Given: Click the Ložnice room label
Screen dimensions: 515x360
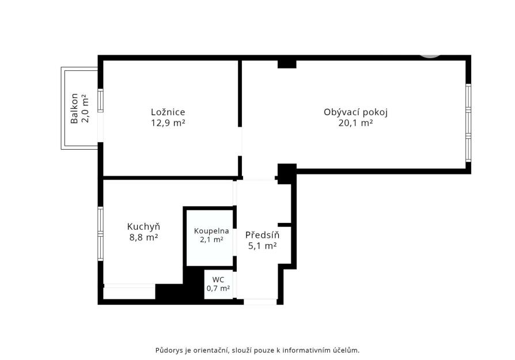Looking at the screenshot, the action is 168,112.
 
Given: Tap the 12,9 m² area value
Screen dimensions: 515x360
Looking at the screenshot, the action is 168,123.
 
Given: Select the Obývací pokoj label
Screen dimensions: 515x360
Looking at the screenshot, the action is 355,112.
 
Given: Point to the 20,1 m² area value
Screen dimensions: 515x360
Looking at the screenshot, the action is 355,123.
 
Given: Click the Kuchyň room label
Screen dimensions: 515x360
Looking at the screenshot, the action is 143,226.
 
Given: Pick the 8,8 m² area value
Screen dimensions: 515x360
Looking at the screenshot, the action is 143,237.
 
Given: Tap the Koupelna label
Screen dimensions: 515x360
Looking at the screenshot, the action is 211,231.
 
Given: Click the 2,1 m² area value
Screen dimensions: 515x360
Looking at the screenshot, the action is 211,240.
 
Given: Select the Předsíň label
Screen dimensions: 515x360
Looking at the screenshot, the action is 262,235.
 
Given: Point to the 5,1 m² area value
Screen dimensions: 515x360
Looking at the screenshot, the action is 262,246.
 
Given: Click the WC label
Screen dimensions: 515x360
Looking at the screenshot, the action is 218,279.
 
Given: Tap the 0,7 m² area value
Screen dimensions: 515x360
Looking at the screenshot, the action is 218,289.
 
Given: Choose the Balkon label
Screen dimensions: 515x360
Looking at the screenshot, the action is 74,108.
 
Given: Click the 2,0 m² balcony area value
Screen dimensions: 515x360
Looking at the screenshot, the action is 85,108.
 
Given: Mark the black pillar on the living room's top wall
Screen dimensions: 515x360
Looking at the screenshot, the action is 287,64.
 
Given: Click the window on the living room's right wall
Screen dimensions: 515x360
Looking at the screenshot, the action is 468,123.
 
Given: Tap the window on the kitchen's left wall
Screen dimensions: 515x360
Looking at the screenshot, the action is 100,233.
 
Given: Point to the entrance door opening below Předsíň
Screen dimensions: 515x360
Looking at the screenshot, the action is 260,301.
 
